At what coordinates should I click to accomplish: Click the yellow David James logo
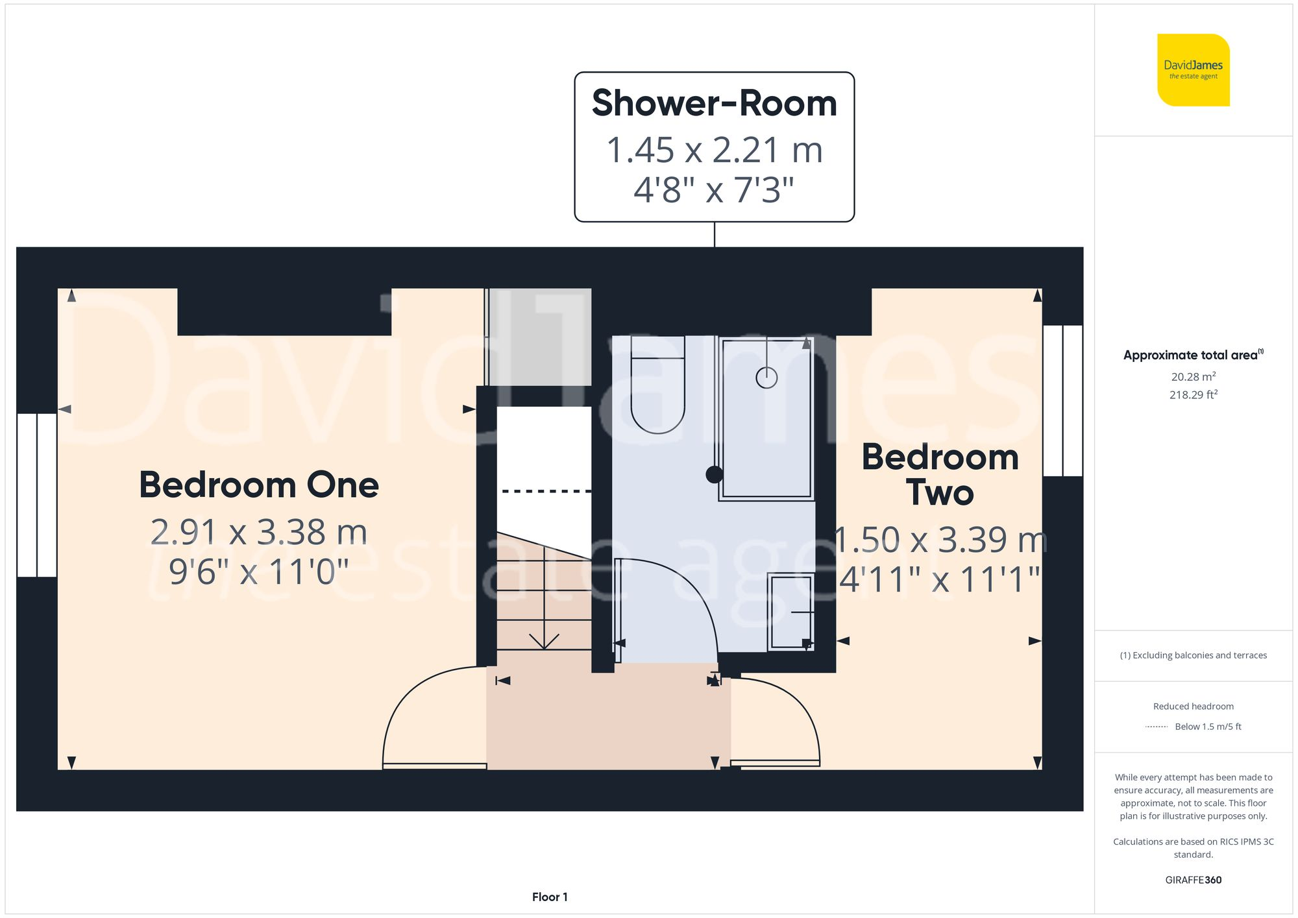pos(1193,70)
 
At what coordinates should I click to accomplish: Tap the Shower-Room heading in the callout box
pos(714,104)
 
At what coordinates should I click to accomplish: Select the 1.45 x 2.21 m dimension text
pos(714,151)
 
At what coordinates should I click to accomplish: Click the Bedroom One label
pos(259,485)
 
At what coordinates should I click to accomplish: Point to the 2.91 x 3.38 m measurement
pos(259,533)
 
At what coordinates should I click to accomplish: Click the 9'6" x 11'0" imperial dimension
pos(259,572)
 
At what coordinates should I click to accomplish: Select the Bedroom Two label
pos(940,475)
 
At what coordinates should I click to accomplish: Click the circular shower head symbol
pos(766,377)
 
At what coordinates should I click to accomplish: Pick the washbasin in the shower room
pos(790,612)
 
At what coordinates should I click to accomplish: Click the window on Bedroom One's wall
pos(37,495)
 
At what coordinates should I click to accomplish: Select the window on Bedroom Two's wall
pos(1062,400)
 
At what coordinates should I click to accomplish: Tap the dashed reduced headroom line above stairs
pos(545,491)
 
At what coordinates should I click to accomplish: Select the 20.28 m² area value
pos(1193,376)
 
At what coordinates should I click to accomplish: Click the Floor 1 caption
pos(550,897)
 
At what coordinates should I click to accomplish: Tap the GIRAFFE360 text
pos(1193,880)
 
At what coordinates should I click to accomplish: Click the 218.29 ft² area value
pos(1193,394)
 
